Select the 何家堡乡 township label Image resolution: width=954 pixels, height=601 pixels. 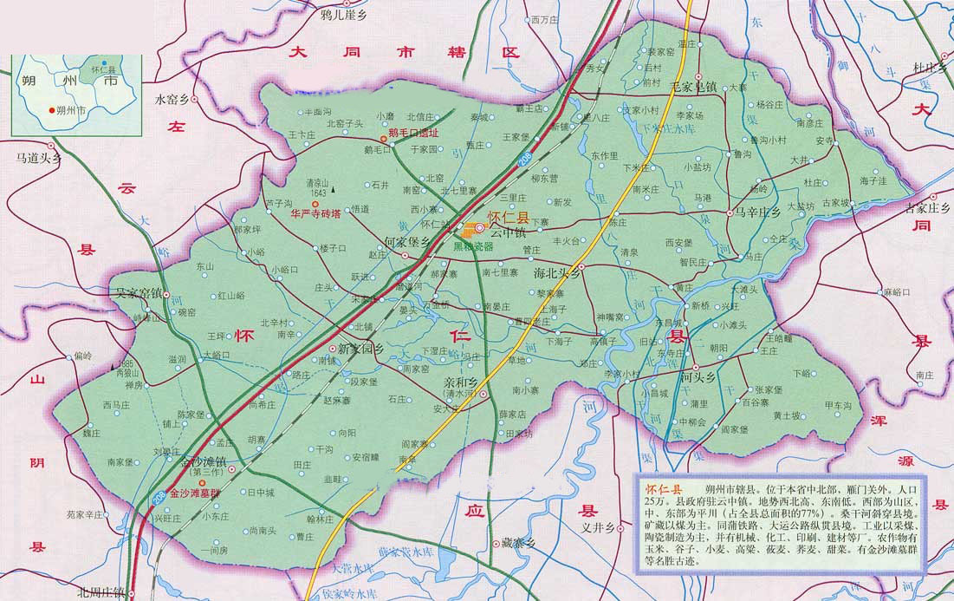406,243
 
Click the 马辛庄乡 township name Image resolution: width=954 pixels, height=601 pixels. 758,212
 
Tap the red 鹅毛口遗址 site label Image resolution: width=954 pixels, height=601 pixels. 413,133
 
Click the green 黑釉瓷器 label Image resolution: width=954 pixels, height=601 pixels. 473,246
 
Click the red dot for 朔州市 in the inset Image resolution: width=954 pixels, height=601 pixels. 49,111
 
